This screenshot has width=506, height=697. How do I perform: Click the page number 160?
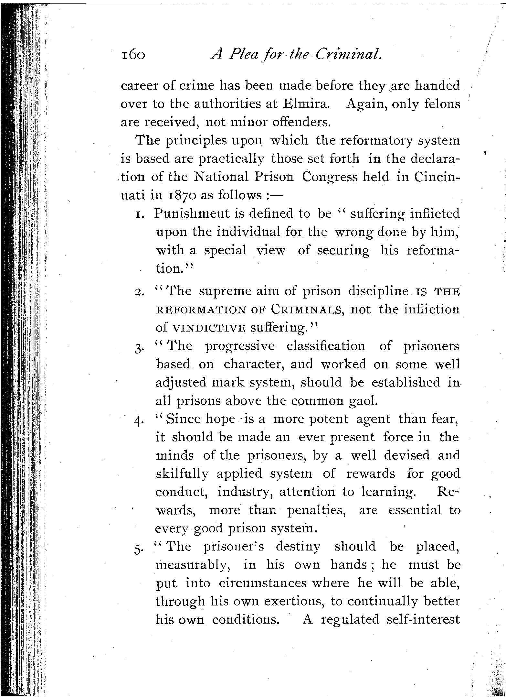point(133,55)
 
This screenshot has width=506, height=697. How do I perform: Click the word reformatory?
point(377,140)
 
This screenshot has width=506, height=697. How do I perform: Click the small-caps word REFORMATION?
point(200,310)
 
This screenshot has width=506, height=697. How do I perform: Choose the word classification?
point(326,346)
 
